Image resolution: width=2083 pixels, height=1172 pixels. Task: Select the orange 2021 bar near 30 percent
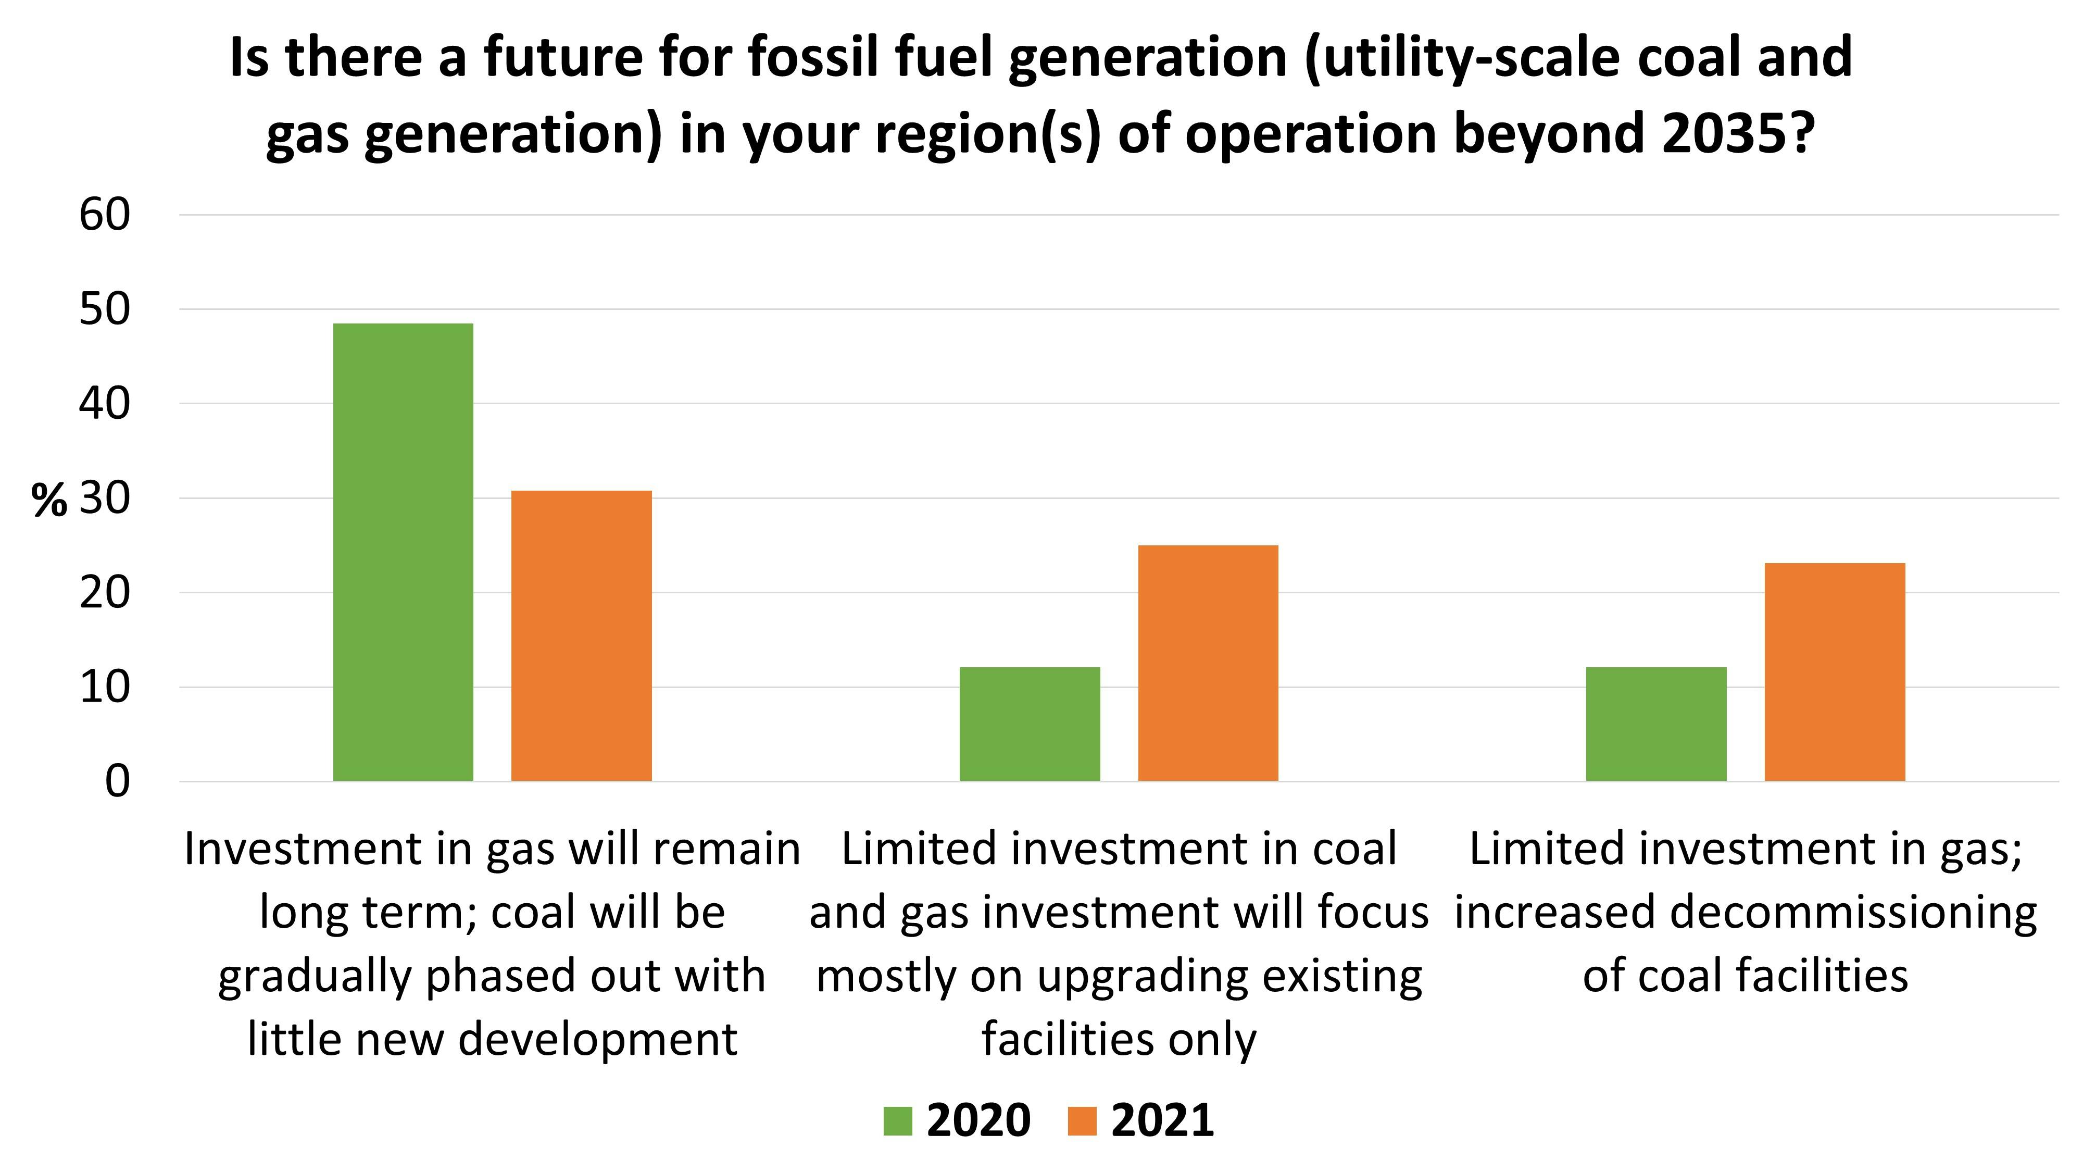(x=581, y=635)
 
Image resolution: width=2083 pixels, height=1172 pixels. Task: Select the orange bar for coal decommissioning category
(x=1834, y=671)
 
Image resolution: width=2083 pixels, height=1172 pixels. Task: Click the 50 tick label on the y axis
(x=104, y=310)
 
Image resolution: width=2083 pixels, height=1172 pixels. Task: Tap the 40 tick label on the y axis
(x=104, y=404)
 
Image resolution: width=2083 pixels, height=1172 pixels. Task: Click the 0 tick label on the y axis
(x=117, y=782)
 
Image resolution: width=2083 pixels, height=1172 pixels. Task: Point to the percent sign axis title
(x=48, y=501)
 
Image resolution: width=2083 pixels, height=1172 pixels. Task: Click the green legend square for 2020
(x=898, y=1121)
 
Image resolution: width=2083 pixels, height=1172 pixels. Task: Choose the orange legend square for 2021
(x=1082, y=1121)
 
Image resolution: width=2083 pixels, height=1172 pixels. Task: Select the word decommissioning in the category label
(x=1852, y=913)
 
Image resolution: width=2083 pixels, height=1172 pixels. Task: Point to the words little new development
(x=492, y=1039)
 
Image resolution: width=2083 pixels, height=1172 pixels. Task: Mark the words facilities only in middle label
(x=1119, y=1039)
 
